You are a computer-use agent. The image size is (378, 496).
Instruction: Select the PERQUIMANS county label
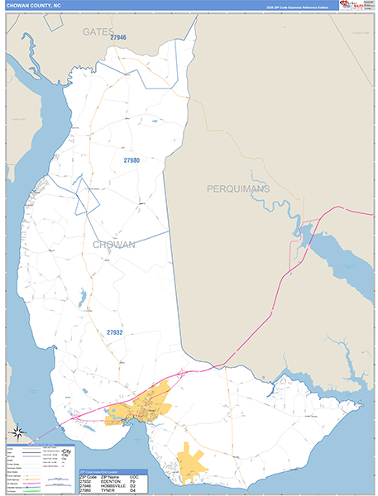238,189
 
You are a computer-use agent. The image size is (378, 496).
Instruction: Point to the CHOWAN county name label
114,245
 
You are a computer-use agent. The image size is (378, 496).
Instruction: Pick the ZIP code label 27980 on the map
132,160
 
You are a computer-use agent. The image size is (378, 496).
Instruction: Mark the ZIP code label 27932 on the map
114,332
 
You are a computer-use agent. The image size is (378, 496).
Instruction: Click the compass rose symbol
17,432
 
